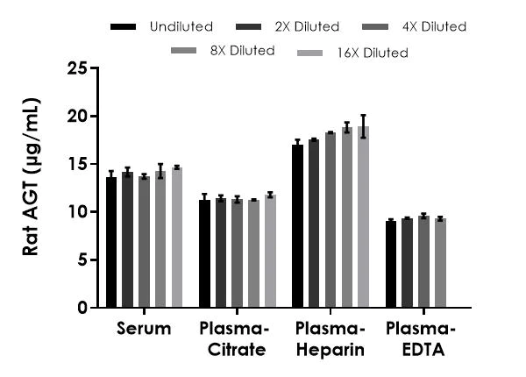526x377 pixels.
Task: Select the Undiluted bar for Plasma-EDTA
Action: point(391,264)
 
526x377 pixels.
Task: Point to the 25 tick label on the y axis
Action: point(77,68)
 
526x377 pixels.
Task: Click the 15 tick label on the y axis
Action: point(77,164)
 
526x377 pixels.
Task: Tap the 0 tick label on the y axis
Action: point(82,308)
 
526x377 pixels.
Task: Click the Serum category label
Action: point(144,331)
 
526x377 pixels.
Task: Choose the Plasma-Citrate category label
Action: point(237,340)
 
